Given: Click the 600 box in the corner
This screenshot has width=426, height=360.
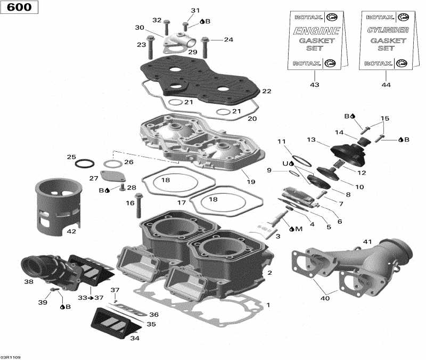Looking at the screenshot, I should coord(19,7).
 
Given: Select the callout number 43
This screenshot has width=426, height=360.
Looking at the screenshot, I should coord(315,85).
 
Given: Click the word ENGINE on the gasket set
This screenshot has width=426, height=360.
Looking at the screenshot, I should coord(317,31).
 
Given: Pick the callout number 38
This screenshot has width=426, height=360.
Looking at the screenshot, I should coord(28,282).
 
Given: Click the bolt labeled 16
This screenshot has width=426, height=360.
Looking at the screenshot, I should coord(140,205).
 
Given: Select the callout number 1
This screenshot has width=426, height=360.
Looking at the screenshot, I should coord(268,305).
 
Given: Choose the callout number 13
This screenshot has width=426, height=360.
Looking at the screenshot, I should coord(312,140).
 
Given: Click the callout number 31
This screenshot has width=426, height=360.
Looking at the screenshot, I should coord(195,11).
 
